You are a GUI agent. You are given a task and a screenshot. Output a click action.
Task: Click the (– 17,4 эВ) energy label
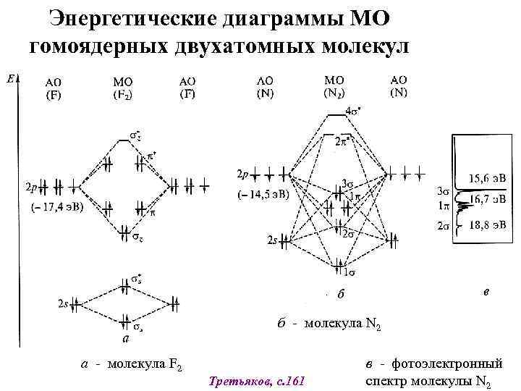tap(56, 207)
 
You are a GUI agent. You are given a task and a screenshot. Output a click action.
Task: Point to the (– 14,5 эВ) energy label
tap(263, 195)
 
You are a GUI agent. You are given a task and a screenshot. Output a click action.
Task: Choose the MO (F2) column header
tap(123, 87)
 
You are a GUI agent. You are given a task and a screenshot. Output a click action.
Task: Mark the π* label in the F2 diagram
tap(153, 156)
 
